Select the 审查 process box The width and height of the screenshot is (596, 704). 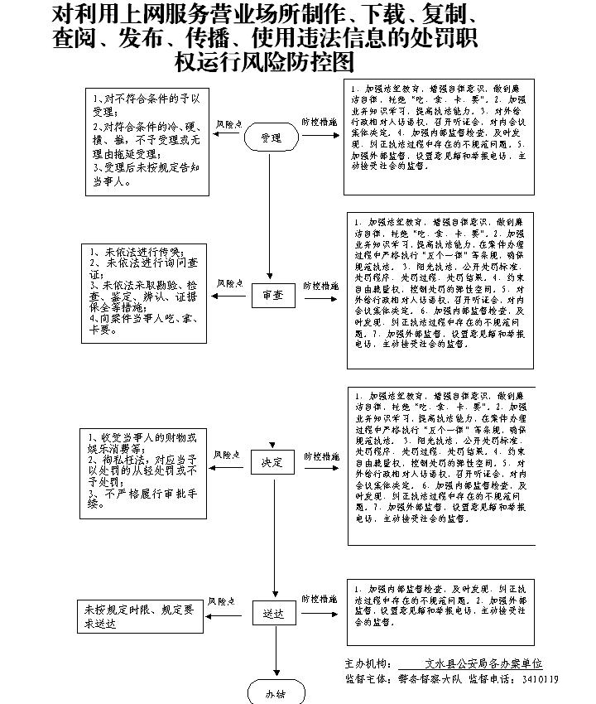(x=272, y=295)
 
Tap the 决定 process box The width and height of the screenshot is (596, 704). (x=272, y=462)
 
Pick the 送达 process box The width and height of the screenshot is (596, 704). (x=272, y=613)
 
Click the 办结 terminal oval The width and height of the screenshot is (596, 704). (x=275, y=692)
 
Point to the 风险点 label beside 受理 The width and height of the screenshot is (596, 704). (x=228, y=123)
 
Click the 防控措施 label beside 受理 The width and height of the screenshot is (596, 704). (x=319, y=122)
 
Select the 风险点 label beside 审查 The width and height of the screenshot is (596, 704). (x=228, y=283)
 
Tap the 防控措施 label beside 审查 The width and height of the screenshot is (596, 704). (x=319, y=284)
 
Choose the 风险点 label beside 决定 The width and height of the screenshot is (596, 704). (x=227, y=456)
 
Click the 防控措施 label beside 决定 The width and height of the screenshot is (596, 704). (x=319, y=456)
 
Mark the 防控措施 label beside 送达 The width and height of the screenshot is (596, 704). (x=319, y=598)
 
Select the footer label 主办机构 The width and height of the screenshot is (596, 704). (x=366, y=664)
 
